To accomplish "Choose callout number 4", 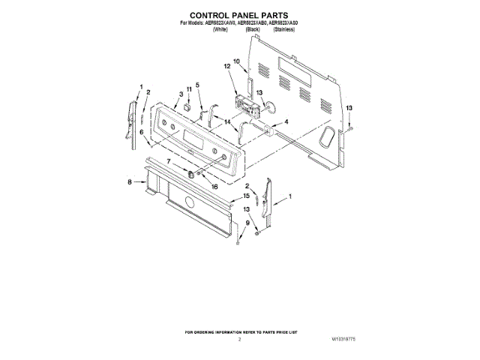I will coord(286,122).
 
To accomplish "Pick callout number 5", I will coord(199,85).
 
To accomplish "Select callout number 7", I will coord(169,161).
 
